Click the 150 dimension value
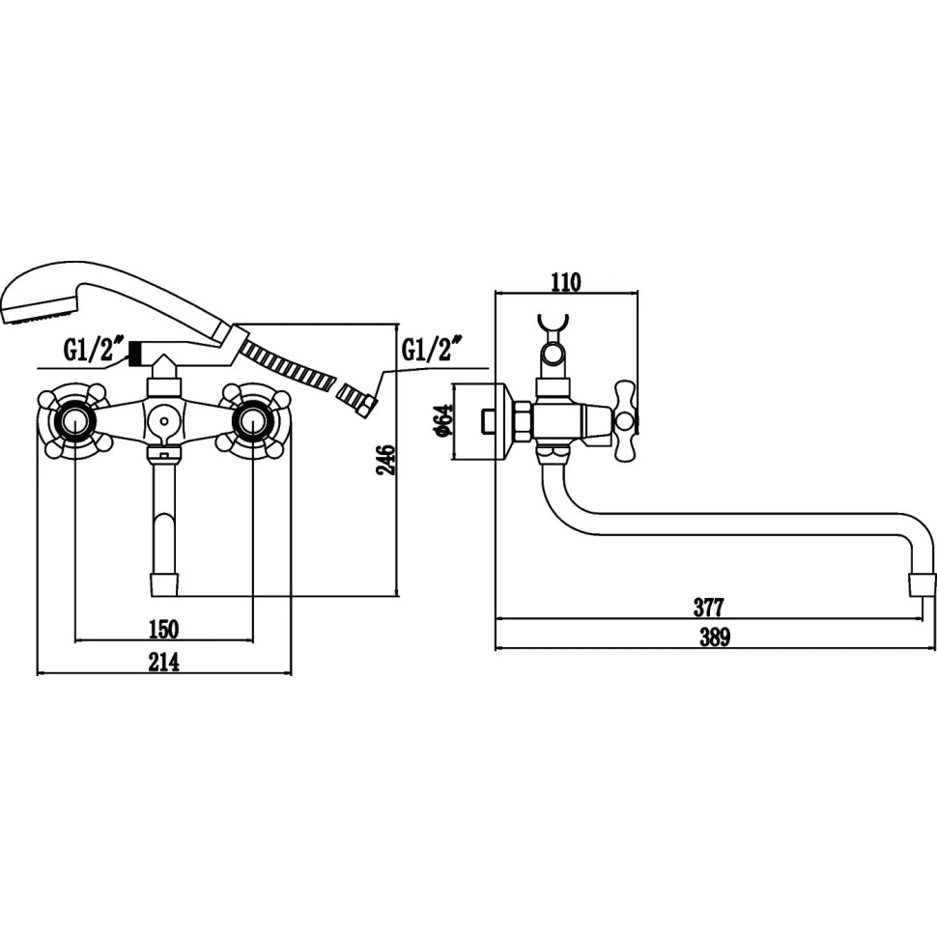point(163,630)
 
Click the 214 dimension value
point(164,663)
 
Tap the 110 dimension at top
point(565,282)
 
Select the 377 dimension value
point(708,608)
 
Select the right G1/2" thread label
point(431,348)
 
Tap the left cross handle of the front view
point(74,420)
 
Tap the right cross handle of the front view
point(253,420)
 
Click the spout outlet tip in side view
point(923,583)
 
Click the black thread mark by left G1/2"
point(135,355)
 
